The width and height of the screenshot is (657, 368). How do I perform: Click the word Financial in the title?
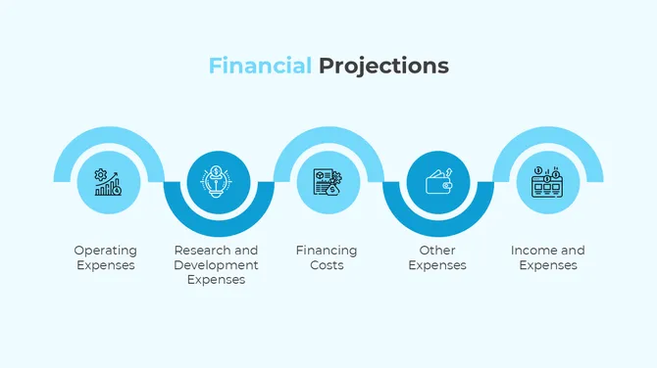(260, 67)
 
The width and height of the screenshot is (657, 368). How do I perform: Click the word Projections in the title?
(383, 67)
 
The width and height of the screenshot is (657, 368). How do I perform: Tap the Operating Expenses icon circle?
(107, 182)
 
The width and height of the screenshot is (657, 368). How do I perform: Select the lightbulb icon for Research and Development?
(217, 182)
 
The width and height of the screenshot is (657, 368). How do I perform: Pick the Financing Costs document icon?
(327, 182)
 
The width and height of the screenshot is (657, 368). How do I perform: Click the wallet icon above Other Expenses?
(437, 182)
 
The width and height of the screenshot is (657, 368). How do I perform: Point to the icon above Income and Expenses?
(547, 182)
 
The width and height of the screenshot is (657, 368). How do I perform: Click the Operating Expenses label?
(106, 257)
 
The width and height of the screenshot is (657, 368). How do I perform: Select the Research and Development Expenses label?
(216, 264)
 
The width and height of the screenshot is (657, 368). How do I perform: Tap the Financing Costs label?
(327, 257)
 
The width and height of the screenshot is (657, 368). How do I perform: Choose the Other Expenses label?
(437, 257)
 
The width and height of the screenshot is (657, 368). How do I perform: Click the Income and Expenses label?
(547, 257)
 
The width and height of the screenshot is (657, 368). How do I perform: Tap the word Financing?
(327, 251)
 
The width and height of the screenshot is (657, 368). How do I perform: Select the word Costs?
(327, 265)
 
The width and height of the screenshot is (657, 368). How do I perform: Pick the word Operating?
(106, 251)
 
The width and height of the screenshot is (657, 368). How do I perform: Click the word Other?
(437, 251)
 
